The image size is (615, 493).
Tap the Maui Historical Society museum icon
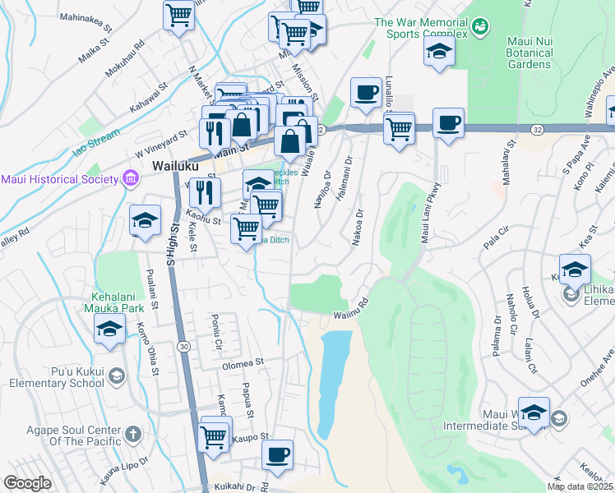pyautogui.click(x=129, y=178)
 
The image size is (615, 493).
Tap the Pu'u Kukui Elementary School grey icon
pyautogui.click(x=117, y=376)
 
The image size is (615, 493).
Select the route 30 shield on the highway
pyautogui.click(x=184, y=346)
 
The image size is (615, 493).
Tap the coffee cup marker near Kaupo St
pyautogui.click(x=278, y=454)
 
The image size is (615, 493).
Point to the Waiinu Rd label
pyautogui.click(x=349, y=316)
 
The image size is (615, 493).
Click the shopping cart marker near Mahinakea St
pyautogui.click(x=178, y=15)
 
